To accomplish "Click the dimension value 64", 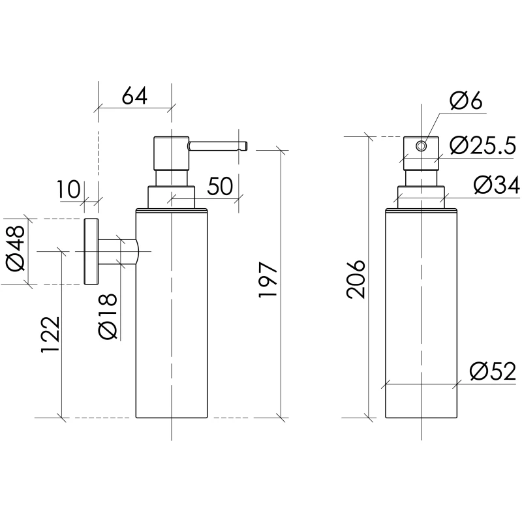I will click(134, 97).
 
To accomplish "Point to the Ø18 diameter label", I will click(108, 316).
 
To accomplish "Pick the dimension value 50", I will click(221, 187).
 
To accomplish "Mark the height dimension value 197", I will click(268, 282).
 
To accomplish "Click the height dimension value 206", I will click(356, 279).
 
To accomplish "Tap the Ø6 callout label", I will click(466, 101).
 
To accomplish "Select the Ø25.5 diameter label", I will click(483, 145).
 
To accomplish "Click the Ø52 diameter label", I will click(493, 372).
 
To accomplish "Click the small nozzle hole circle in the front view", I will click(422, 146).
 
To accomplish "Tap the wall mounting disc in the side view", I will click(91, 251).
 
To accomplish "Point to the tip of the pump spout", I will click(245, 145).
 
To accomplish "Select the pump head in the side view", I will click(170, 153).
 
